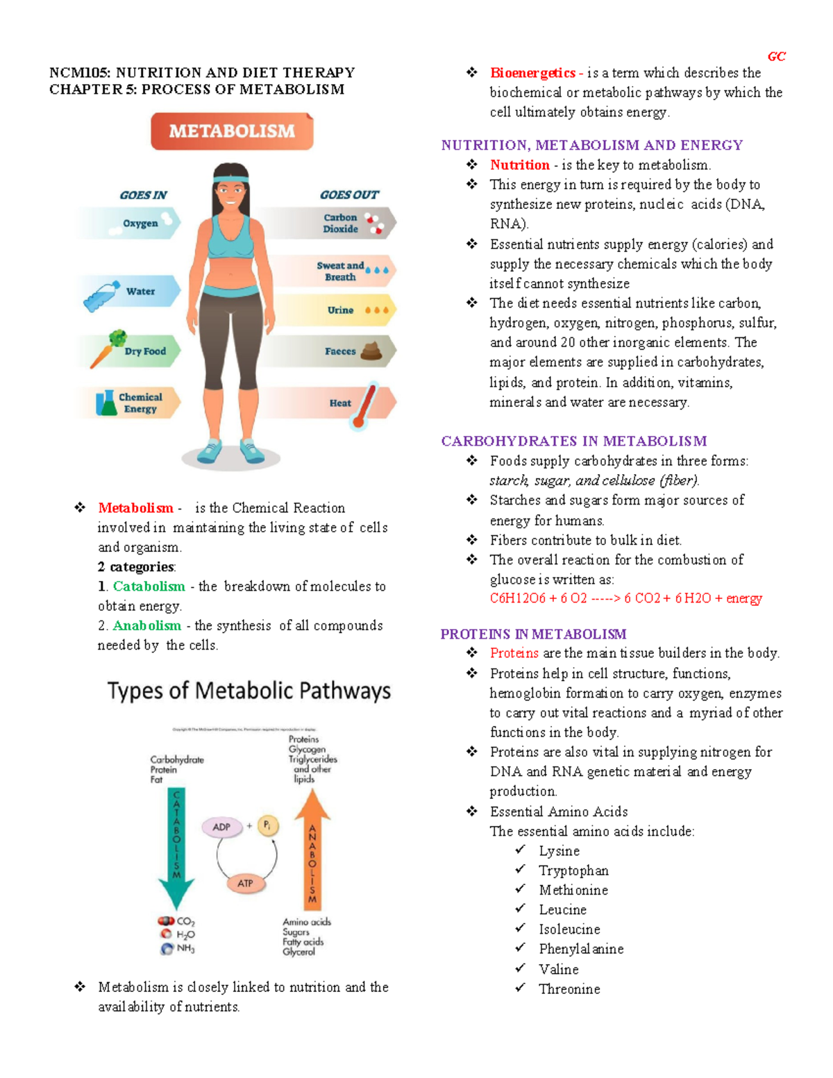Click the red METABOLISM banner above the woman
pos(232,131)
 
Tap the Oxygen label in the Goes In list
pos(140,224)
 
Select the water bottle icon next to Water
pos(101,296)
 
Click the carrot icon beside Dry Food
pos(108,348)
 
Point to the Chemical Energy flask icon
pos(106,403)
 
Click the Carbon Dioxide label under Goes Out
pos(340,223)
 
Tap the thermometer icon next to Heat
pos(365,405)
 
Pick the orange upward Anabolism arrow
pos(312,850)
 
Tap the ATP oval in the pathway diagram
pos(245,883)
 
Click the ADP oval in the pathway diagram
pos(221,827)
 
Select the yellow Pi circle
pos(268,825)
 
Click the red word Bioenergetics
pos(532,73)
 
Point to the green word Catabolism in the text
pos(149,587)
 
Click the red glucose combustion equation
pos(625,598)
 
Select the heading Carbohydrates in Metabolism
pos(573,441)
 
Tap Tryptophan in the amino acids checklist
pos(573,870)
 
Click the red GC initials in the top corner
pos(776,56)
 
